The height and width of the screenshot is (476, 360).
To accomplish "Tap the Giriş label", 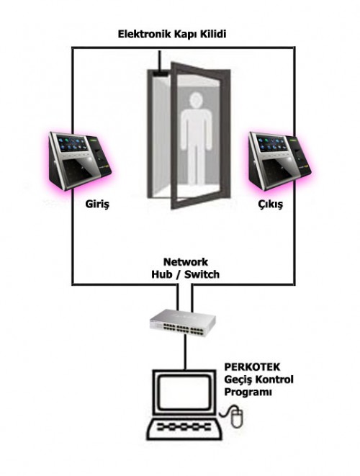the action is [x=97, y=205].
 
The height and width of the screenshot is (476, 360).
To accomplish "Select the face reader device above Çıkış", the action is [x=279, y=161].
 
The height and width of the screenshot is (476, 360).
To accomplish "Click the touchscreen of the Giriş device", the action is [x=71, y=144].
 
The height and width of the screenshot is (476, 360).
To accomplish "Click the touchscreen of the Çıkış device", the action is [x=271, y=143].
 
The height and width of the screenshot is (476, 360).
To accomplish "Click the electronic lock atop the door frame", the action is [x=161, y=73].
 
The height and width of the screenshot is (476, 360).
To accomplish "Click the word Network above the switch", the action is [x=186, y=261].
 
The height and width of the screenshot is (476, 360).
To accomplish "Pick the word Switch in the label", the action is [x=202, y=274].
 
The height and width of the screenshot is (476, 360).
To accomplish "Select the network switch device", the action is [x=183, y=323].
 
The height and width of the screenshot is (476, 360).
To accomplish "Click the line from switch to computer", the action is [x=185, y=352].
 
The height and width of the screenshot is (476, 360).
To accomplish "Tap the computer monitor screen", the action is [x=185, y=392].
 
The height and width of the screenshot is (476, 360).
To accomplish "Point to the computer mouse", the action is [x=237, y=417].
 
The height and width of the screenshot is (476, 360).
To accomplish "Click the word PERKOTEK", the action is [x=252, y=367].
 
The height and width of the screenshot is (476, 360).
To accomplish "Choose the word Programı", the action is [x=248, y=392].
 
